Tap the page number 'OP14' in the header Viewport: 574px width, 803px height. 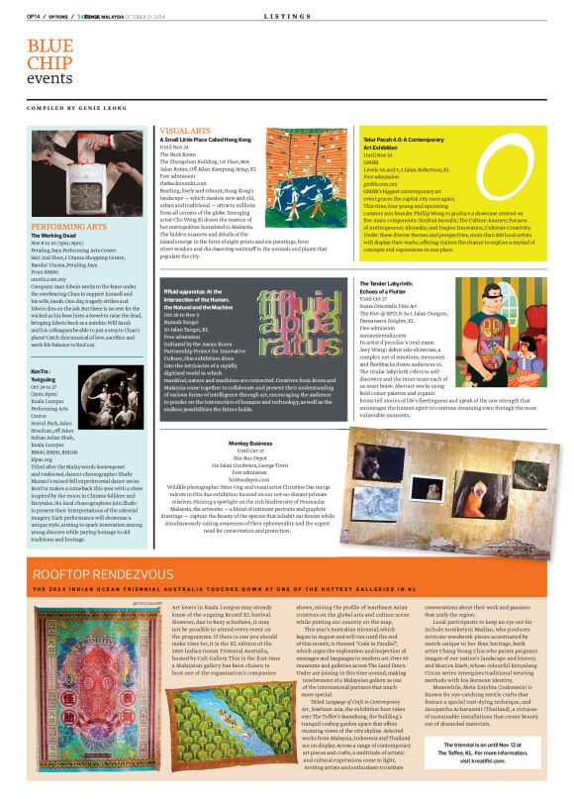pos(32,16)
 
